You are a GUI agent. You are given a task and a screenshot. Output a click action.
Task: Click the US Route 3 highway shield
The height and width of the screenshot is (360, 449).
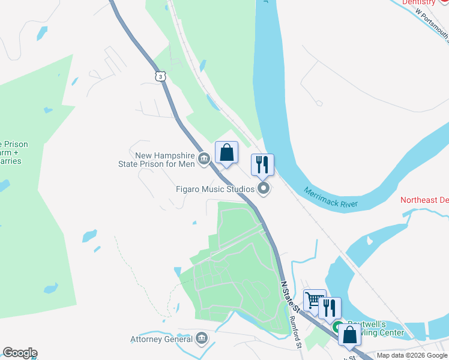click(160, 76)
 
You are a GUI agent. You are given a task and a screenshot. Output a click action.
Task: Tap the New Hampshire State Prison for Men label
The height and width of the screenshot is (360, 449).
click(165, 159)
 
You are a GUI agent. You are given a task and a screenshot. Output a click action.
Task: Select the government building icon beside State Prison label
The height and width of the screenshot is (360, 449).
click(203, 159)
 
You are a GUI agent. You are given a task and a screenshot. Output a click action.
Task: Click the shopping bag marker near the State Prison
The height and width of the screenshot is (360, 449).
click(226, 152)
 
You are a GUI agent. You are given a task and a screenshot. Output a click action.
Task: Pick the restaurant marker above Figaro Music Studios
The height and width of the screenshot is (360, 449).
click(262, 164)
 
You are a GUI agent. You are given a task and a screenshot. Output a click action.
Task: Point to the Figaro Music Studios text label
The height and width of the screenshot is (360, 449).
click(215, 189)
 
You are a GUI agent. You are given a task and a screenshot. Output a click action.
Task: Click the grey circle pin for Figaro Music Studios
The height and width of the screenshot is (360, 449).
click(264, 190)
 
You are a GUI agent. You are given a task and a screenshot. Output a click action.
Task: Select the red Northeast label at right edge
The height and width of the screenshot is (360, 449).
click(424, 200)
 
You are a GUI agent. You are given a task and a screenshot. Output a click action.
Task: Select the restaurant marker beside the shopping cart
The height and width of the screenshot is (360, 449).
click(330, 308)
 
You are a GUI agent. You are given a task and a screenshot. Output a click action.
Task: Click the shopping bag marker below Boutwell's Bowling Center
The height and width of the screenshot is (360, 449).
click(349, 334)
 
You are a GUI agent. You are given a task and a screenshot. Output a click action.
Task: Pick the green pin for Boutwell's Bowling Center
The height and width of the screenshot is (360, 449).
click(338, 328)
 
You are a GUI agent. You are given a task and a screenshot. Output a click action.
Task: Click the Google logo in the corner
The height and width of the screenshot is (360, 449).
click(20, 353)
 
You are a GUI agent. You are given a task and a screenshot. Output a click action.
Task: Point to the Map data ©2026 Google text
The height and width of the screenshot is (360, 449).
click(412, 355)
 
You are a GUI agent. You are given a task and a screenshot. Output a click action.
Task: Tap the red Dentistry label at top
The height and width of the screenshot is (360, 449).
click(418, 2)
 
